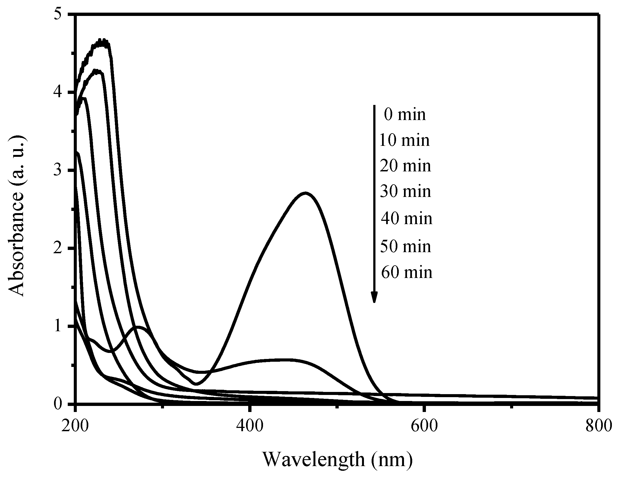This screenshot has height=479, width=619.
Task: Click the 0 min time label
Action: (405, 115)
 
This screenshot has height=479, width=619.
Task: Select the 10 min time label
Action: (405, 140)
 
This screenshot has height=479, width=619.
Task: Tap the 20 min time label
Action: (405, 166)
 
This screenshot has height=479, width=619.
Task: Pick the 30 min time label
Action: (405, 191)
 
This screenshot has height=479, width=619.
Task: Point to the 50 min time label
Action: (405, 246)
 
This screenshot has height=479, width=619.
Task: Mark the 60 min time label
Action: (406, 272)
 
